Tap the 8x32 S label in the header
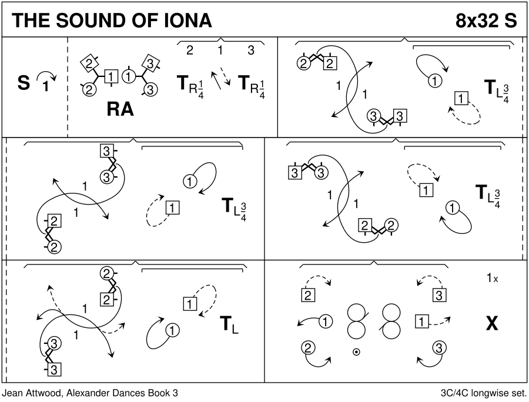tap(486, 20)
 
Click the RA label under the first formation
tap(120, 109)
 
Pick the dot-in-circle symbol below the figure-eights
tap(356, 352)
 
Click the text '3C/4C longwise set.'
tap(482, 393)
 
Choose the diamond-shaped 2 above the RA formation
tap(88, 63)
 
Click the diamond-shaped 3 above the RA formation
tap(150, 63)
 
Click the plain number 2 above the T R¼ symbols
tap(189, 51)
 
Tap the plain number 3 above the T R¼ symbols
tap(251, 51)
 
